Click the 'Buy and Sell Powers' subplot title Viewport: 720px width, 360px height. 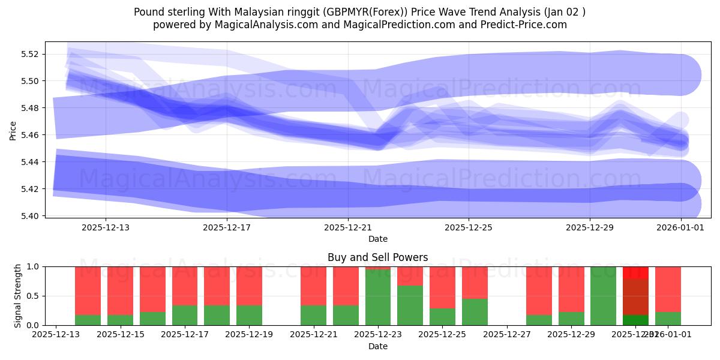point(378,257)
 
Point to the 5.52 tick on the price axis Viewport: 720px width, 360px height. point(30,54)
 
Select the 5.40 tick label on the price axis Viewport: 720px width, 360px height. point(30,216)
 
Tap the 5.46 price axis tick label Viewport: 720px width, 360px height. point(30,135)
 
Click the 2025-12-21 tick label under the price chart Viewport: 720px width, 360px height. point(348,227)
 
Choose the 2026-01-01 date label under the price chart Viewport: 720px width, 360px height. point(680,227)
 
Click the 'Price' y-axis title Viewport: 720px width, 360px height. point(13,130)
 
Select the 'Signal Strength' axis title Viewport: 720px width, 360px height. point(18,295)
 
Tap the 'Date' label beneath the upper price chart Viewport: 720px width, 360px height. point(378,239)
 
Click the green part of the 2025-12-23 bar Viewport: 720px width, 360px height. point(378,298)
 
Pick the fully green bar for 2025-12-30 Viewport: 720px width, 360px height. point(603,296)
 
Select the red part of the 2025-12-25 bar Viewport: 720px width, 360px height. point(442,287)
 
